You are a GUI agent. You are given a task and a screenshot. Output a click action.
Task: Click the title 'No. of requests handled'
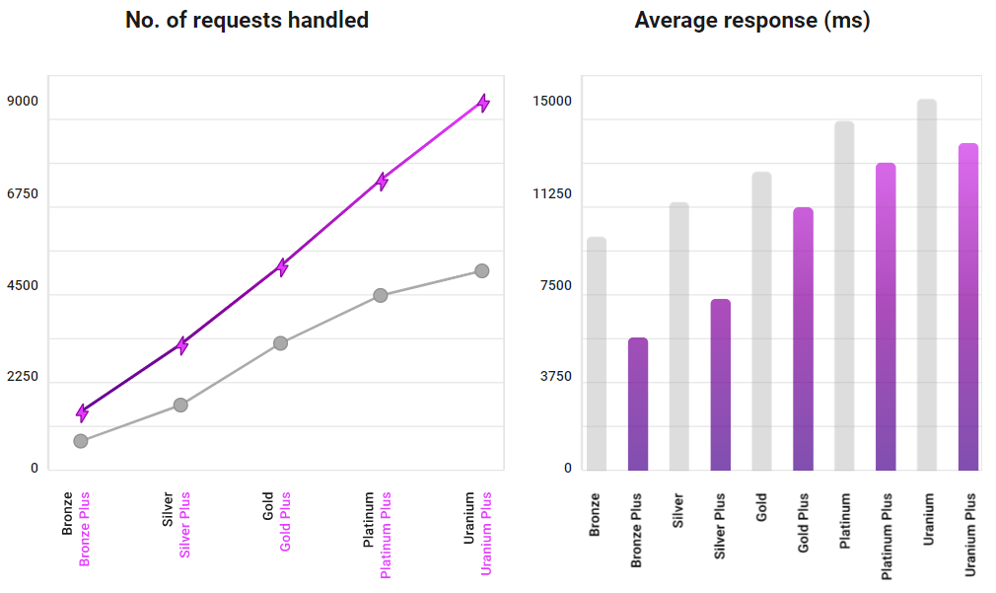click(247, 20)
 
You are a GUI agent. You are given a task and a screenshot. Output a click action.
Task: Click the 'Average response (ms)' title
click(751, 20)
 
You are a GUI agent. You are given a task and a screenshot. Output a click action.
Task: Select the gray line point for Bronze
click(81, 441)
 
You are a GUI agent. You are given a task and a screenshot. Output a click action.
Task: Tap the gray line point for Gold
click(280, 343)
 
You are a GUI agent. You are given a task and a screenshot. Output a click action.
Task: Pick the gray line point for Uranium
click(482, 270)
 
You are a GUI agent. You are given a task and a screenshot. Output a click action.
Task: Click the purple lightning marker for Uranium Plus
click(483, 103)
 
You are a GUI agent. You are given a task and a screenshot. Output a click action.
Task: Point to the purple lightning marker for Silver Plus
click(182, 344)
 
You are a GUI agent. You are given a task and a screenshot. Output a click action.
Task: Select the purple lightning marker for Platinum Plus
click(382, 181)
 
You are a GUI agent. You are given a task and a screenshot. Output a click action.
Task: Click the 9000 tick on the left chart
click(23, 101)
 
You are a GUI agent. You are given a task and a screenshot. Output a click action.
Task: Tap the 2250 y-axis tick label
click(23, 377)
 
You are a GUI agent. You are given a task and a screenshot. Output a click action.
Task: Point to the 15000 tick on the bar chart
click(552, 101)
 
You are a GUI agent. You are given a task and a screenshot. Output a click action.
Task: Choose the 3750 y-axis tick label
click(554, 377)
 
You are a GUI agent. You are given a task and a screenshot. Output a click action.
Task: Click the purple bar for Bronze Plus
click(638, 405)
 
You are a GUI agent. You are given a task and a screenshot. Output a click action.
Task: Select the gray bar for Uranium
click(927, 285)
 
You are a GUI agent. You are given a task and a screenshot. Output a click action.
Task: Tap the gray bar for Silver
click(679, 336)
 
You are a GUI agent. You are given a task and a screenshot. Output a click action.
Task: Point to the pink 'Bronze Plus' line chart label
click(85, 529)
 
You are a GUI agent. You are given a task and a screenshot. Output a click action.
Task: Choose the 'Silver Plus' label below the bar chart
click(721, 527)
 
